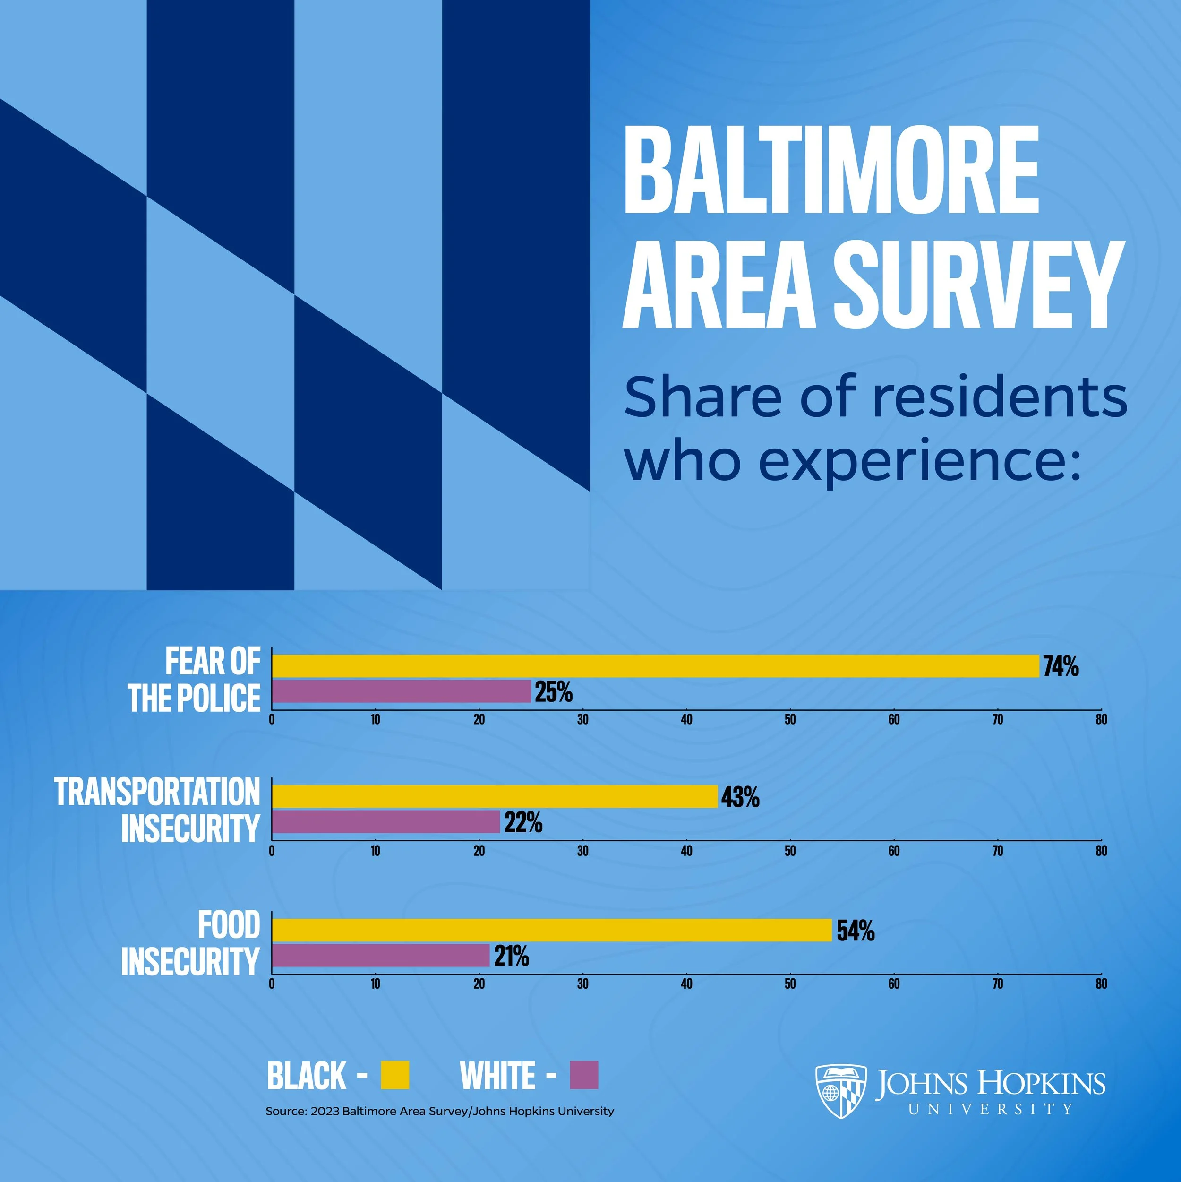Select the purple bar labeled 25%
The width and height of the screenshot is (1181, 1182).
point(401,691)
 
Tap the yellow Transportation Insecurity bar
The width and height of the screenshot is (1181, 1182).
point(494,796)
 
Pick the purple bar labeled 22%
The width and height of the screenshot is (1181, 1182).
point(385,822)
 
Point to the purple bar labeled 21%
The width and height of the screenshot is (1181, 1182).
point(380,955)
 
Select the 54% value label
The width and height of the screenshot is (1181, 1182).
point(855,930)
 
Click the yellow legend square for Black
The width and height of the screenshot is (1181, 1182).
point(394,1075)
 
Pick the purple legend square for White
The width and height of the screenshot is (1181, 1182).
point(583,1075)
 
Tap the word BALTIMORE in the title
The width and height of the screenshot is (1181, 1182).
point(831,170)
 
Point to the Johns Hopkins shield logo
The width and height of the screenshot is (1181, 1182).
point(841,1091)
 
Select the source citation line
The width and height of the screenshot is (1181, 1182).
point(439,1111)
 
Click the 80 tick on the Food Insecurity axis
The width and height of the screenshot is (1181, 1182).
point(1101,984)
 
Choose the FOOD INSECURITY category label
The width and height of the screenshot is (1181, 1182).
point(191,943)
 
